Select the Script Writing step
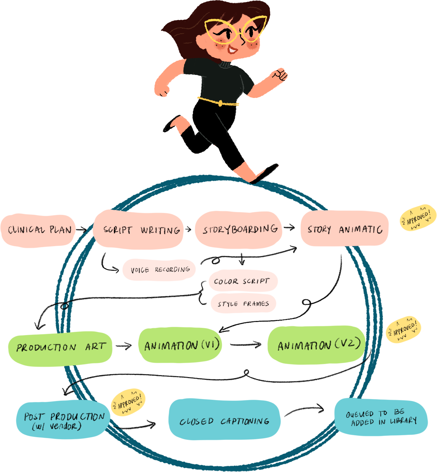[142, 230]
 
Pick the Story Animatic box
[345, 230]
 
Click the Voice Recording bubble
[160, 270]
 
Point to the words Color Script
[241, 281]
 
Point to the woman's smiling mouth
[233, 50]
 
